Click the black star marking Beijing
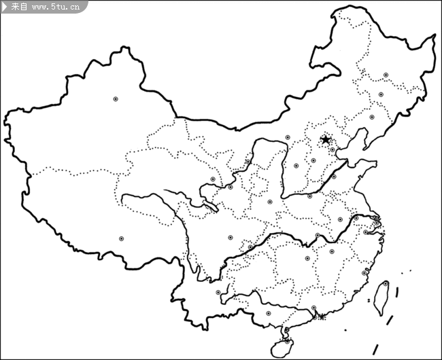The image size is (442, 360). pos(326,139)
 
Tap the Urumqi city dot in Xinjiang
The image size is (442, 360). pos(116,99)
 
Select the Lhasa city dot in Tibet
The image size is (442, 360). pos(122,238)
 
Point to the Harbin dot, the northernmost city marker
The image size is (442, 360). pos(386,75)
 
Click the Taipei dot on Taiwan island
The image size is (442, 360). pos(386,283)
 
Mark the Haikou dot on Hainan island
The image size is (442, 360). pos(286,331)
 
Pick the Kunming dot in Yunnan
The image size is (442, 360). pos(218,293)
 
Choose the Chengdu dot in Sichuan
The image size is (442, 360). pos(231,238)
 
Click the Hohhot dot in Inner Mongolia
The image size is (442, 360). pos(288,137)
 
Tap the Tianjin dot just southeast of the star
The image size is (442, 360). pos(333,149)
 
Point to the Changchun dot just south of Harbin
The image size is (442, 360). pos(381,94)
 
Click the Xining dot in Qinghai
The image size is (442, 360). pos(213,179)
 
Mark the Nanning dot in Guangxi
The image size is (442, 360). pos(269,313)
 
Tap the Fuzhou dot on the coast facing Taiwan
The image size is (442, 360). pos(367,272)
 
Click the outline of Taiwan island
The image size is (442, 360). pos(380,299)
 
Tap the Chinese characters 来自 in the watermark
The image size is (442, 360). pos(20,7)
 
